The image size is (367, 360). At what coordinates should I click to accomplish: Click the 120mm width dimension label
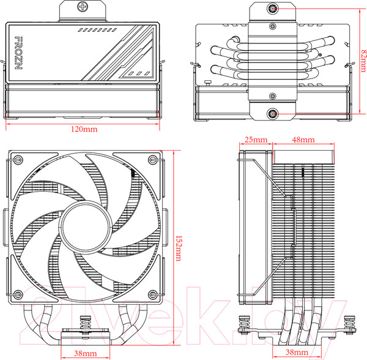click(84, 130)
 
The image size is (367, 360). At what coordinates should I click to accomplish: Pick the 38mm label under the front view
click(84, 353)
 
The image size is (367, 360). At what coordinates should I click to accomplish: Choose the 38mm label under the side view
click(296, 353)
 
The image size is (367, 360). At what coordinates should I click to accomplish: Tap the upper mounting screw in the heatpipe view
click(272, 10)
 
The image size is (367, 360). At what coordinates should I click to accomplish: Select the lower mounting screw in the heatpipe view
click(272, 114)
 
